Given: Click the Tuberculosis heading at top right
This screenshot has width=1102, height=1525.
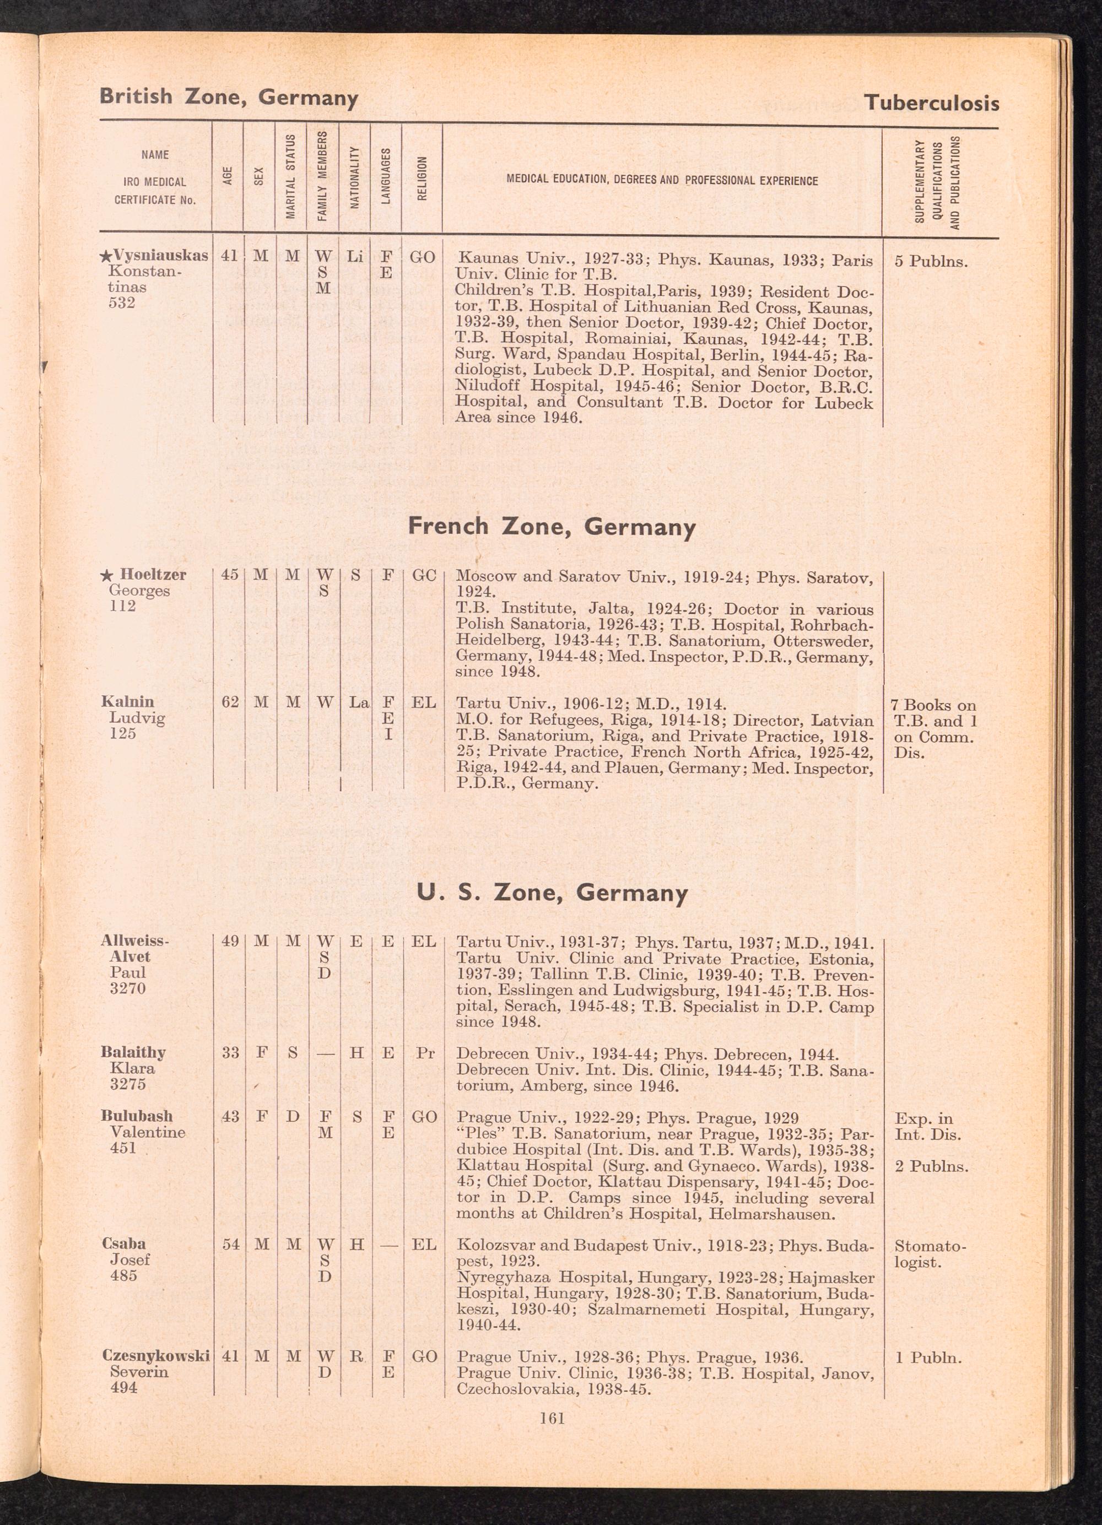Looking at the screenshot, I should click(931, 103).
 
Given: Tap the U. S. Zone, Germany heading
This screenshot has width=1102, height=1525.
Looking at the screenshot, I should click(552, 893).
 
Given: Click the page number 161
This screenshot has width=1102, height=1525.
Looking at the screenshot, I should click(552, 1419).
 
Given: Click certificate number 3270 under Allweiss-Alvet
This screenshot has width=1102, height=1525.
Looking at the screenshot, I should click(128, 988).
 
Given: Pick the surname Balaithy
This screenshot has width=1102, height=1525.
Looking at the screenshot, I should click(133, 1052).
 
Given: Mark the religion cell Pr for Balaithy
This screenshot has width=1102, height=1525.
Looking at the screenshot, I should click(424, 1053).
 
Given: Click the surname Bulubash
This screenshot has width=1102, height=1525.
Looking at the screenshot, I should click(137, 1116).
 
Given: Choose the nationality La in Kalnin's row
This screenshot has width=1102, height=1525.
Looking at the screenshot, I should click(359, 702).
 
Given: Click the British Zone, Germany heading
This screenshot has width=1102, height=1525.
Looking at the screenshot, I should click(229, 97).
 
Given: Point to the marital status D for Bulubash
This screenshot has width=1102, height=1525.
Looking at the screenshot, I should click(293, 1117).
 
